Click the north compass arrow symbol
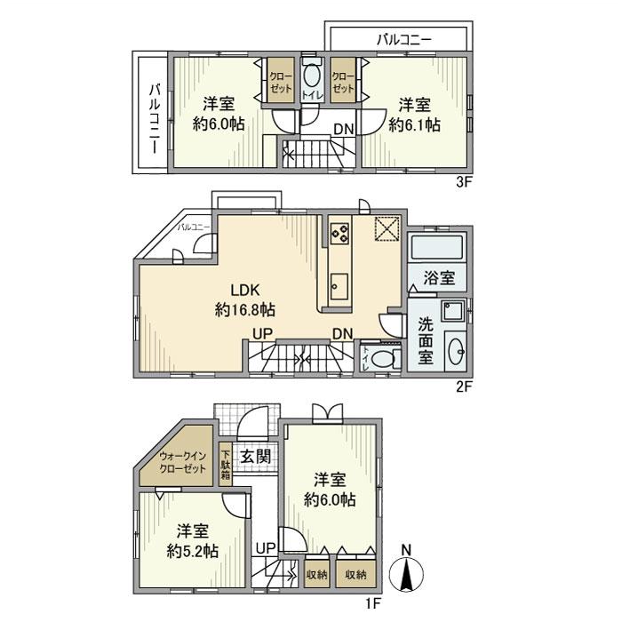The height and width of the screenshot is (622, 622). point(406,572)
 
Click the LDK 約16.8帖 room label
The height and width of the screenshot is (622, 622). point(244,300)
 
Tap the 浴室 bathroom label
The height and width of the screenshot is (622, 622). point(439,277)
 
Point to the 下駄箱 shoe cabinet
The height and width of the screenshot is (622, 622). point(226,463)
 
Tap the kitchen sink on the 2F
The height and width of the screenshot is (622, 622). point(339,287)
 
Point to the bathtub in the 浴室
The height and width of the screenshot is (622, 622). point(439,247)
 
